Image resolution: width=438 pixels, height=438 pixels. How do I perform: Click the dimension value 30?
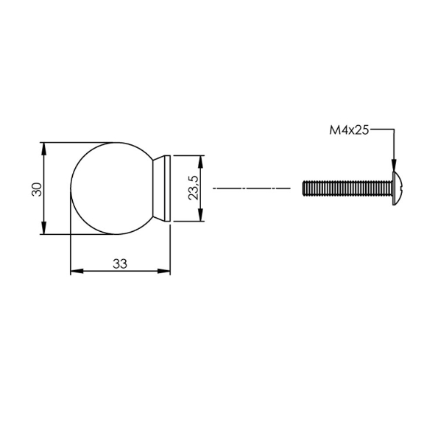coord(36,188)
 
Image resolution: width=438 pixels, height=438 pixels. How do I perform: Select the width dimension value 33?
coord(120,263)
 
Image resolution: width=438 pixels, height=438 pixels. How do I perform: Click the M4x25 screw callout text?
coord(348,130)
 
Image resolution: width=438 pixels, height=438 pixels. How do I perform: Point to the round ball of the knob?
coord(112,188)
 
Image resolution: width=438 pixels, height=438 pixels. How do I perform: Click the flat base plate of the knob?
coord(167,188)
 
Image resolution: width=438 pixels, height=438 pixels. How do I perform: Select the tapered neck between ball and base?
coord(158,188)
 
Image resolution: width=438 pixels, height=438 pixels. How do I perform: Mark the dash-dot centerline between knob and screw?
coord(251,188)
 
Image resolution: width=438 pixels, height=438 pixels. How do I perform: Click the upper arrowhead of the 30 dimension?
coord(46,148)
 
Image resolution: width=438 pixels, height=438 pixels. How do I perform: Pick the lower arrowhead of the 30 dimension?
coord(46,229)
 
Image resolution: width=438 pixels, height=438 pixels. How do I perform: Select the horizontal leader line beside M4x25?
coord(383,130)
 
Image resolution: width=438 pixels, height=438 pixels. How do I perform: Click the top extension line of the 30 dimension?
coord(81,141)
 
